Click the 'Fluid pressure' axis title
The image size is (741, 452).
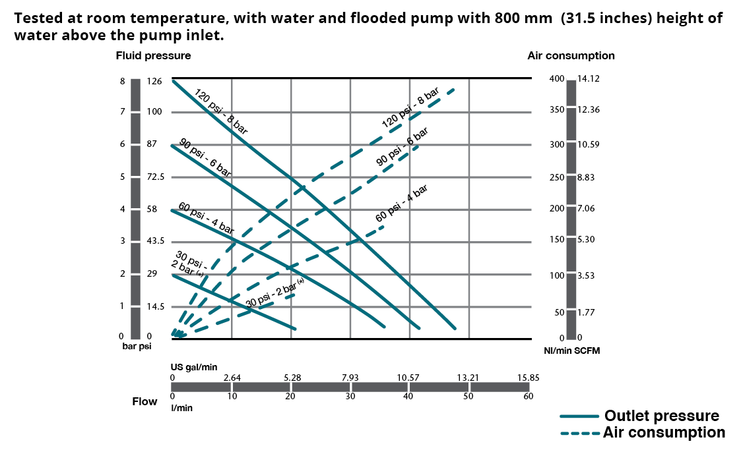click(153, 56)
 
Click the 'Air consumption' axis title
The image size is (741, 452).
click(571, 56)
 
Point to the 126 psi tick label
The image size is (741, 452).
click(154, 82)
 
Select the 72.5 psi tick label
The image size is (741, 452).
click(156, 177)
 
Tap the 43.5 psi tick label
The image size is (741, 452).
click(156, 241)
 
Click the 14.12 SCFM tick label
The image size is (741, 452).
click(588, 79)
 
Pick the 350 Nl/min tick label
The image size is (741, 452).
click(557, 109)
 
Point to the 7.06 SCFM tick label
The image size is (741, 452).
click(586, 209)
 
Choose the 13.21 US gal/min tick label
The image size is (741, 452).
click(468, 378)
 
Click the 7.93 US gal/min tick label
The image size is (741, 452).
click(350, 378)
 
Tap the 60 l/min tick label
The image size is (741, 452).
click(528, 397)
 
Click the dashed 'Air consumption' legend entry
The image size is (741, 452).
click(664, 433)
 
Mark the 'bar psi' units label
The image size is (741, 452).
click(137, 346)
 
